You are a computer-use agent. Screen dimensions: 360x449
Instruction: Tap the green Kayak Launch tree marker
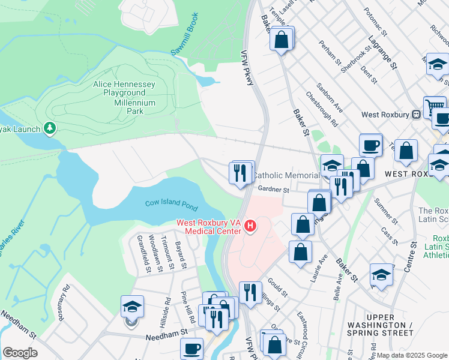[x=50, y=128]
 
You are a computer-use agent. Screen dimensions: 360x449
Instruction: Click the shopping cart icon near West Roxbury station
[x=433, y=107]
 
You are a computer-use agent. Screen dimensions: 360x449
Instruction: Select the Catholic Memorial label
[x=285, y=175]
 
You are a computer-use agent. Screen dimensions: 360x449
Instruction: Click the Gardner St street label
[x=274, y=190]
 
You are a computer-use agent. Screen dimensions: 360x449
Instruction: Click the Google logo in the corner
[x=20, y=353]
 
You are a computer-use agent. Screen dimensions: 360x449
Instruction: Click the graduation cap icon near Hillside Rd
[x=132, y=307]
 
